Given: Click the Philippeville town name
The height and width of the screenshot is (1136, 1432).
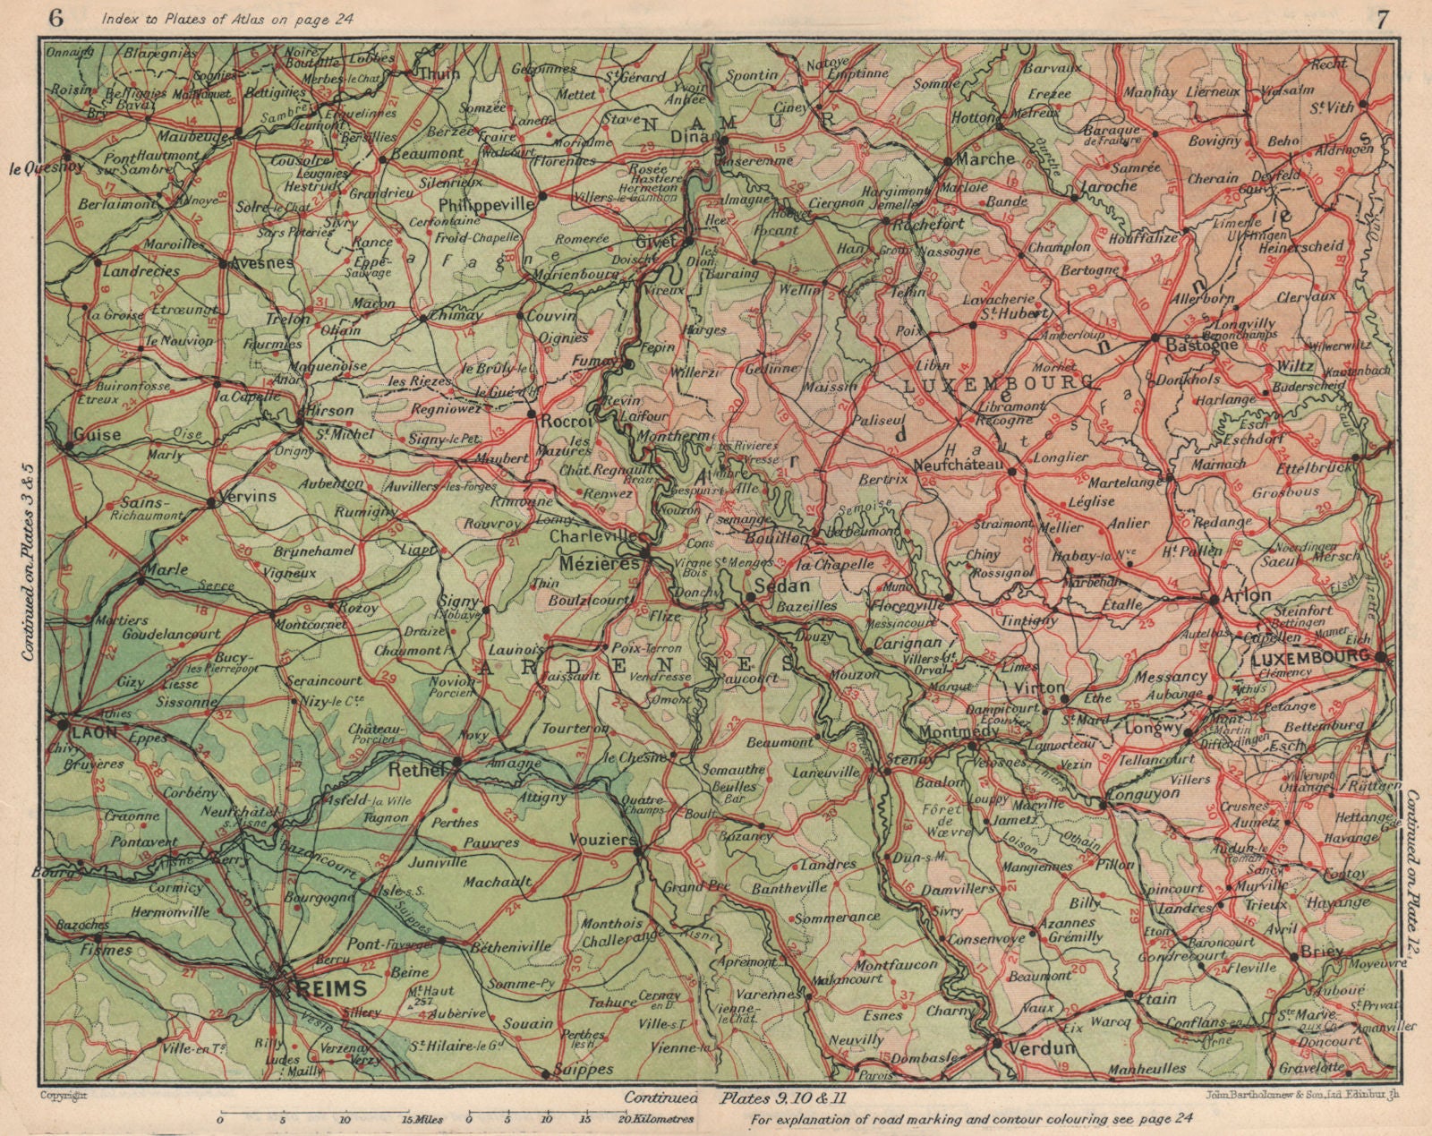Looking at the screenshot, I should (485, 204).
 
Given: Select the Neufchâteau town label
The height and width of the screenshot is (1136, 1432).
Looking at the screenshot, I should (962, 466).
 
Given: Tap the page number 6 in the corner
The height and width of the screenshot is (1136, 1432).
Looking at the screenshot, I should (57, 17).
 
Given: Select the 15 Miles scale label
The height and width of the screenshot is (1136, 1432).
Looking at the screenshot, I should (422, 1118).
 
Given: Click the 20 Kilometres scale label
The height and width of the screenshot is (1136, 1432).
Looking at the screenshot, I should (661, 1118).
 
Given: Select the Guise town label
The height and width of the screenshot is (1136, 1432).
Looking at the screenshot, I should (98, 433).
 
